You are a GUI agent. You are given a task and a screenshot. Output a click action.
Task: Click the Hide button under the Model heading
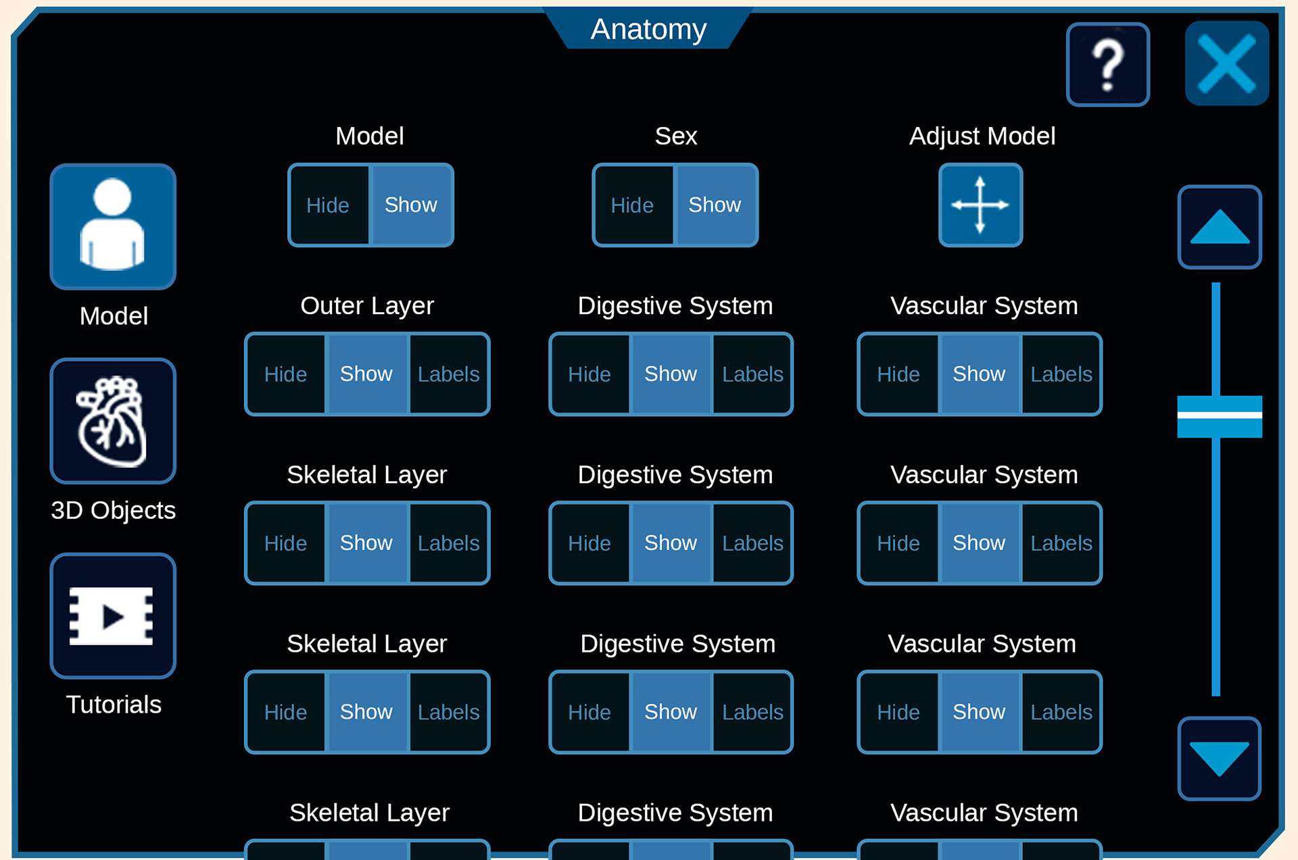329,205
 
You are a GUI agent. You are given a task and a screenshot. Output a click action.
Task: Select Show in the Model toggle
411,205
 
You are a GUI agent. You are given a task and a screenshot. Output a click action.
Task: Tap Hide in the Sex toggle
633,205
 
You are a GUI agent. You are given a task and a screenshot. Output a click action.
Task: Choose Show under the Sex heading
715,205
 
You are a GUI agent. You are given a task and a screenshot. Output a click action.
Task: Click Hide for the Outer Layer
286,374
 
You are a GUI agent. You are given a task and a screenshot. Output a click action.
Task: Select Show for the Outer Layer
366,374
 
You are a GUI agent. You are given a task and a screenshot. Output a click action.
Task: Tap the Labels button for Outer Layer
449,374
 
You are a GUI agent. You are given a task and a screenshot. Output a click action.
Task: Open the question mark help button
1107,65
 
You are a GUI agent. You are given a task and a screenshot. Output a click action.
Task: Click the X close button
1226,64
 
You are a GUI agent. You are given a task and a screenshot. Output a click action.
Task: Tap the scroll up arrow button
1220,227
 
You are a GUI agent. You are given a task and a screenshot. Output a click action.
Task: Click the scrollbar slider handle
1220,416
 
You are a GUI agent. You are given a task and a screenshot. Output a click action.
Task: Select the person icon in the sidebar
113,226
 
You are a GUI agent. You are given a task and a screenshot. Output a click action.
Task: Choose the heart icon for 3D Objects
113,421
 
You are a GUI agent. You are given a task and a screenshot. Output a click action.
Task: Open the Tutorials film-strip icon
113,615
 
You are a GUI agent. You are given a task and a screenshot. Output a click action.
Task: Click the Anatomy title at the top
648,29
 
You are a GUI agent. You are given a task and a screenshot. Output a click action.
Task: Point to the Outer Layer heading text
367,306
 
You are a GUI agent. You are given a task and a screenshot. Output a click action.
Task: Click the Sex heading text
675,136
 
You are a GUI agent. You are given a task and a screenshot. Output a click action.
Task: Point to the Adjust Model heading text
982,136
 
